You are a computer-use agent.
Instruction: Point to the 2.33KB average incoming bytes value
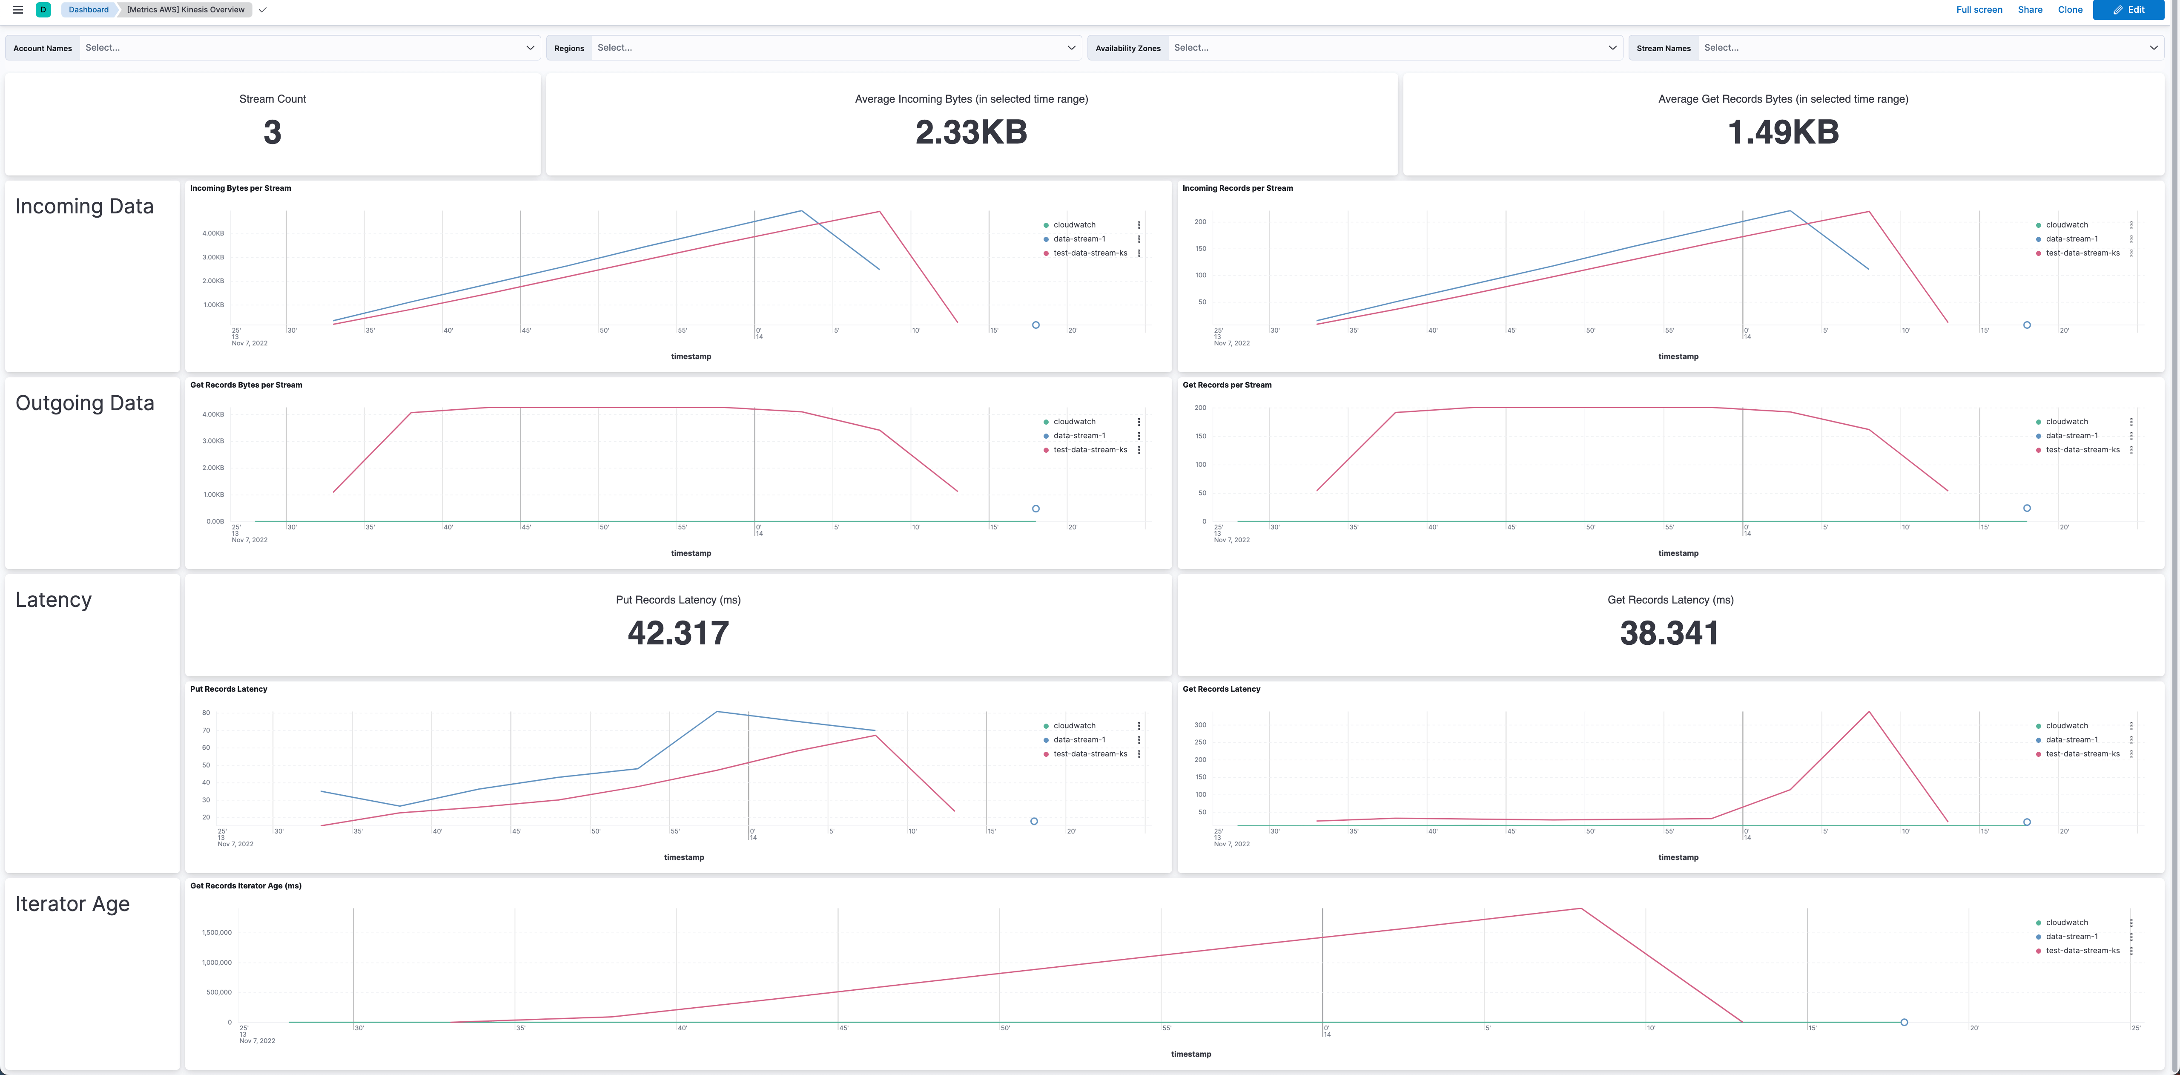[x=971, y=132]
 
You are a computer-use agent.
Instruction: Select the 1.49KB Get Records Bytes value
[x=1782, y=132]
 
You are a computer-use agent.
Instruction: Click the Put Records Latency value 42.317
[x=678, y=633]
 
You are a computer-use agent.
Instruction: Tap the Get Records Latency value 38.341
[x=1669, y=633]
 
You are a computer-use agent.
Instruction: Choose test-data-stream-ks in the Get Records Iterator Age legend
[x=2082, y=951]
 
